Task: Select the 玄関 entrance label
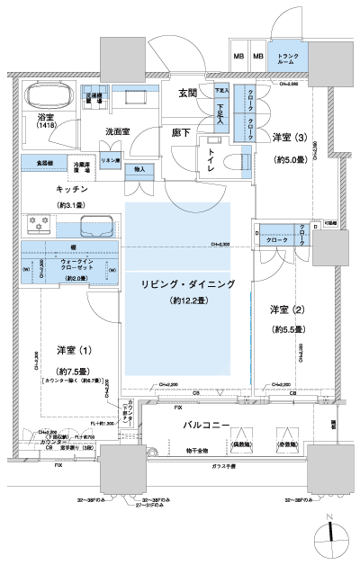coord(188,93)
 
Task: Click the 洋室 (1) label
coord(68,350)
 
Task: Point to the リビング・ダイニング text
coord(187,283)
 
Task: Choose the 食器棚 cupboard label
coord(43,163)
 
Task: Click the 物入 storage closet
coord(139,169)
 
